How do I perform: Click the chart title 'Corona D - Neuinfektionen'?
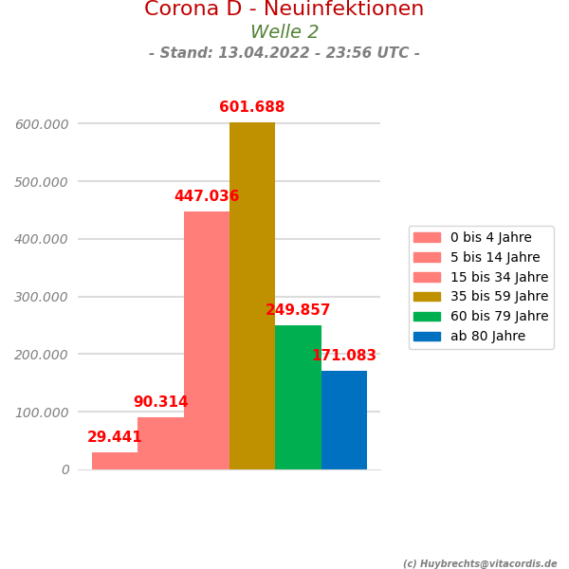284,9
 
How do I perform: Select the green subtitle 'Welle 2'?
284,32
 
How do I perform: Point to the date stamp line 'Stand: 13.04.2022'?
284,53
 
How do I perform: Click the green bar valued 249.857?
298,397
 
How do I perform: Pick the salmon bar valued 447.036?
207,340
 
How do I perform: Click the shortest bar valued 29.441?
115,461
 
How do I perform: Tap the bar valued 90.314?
160,443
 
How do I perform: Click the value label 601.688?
252,108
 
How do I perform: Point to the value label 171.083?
344,356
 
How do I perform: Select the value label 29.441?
115,437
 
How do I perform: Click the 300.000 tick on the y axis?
42,297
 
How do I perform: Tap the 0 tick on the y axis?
65,469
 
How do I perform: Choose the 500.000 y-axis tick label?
42,181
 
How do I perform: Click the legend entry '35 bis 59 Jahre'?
499,297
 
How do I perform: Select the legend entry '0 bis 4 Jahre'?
490,238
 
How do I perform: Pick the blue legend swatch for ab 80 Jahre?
427,337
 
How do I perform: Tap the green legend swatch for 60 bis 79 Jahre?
427,317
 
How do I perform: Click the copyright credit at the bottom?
480,564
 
